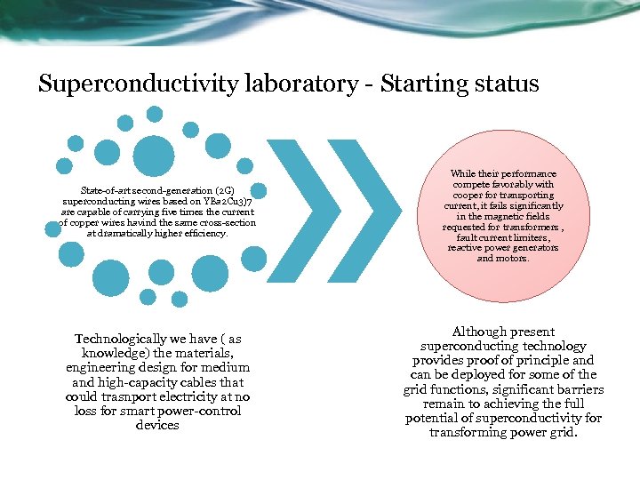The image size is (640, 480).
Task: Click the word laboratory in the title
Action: [x=295, y=84]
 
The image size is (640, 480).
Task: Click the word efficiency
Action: [x=207, y=234]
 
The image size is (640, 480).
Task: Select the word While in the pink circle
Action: [x=467, y=174]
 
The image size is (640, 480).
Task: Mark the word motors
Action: [x=516, y=260]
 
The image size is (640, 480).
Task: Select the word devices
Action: [x=157, y=425]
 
